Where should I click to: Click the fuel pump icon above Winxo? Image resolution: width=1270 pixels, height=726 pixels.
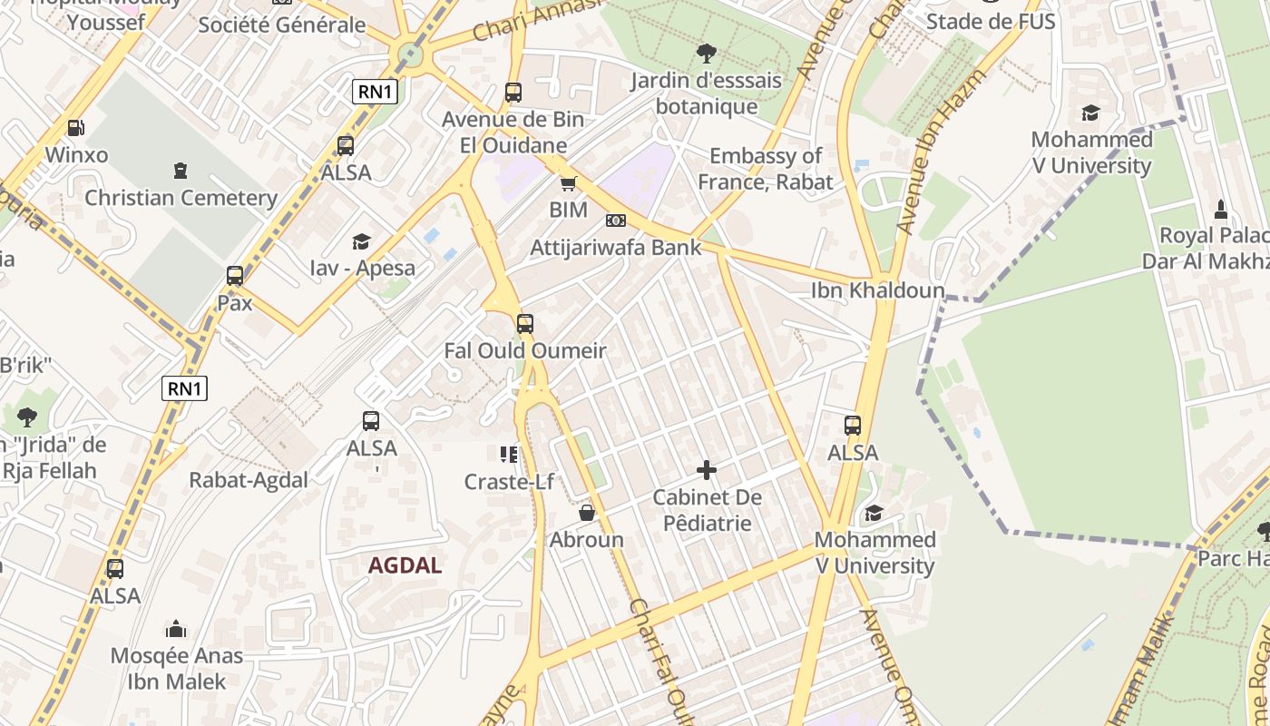(x=76, y=129)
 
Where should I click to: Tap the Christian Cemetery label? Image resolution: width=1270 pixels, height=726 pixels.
(x=181, y=198)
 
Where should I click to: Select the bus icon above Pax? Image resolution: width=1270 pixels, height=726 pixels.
(x=235, y=276)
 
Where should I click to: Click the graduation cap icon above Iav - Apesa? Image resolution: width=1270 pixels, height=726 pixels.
(x=362, y=241)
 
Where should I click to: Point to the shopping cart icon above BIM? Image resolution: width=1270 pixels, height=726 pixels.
(x=569, y=184)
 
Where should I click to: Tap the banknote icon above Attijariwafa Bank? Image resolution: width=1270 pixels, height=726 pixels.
(x=616, y=221)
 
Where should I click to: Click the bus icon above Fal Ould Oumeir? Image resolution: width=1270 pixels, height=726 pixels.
(x=524, y=324)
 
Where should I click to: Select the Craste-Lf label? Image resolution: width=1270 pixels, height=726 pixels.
(x=509, y=482)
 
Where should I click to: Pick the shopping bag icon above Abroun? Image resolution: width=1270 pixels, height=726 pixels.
(x=587, y=514)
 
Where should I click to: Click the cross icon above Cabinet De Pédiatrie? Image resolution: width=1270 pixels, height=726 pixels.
(x=707, y=470)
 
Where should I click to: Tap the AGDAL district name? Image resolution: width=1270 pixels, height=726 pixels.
(x=405, y=565)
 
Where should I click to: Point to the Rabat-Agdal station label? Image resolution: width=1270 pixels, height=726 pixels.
(x=249, y=480)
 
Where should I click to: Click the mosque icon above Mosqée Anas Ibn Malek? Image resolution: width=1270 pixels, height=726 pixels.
(x=176, y=629)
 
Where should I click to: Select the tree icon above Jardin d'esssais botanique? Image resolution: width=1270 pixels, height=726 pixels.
(x=706, y=54)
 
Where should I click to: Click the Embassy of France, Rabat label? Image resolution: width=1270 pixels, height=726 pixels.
(x=766, y=169)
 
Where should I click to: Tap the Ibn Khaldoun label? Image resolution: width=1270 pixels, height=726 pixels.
(x=877, y=291)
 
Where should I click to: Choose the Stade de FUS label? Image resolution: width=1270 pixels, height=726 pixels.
(x=991, y=21)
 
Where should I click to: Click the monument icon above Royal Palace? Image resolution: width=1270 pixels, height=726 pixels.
(x=1220, y=210)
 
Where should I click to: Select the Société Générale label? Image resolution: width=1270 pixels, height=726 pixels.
(x=282, y=25)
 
